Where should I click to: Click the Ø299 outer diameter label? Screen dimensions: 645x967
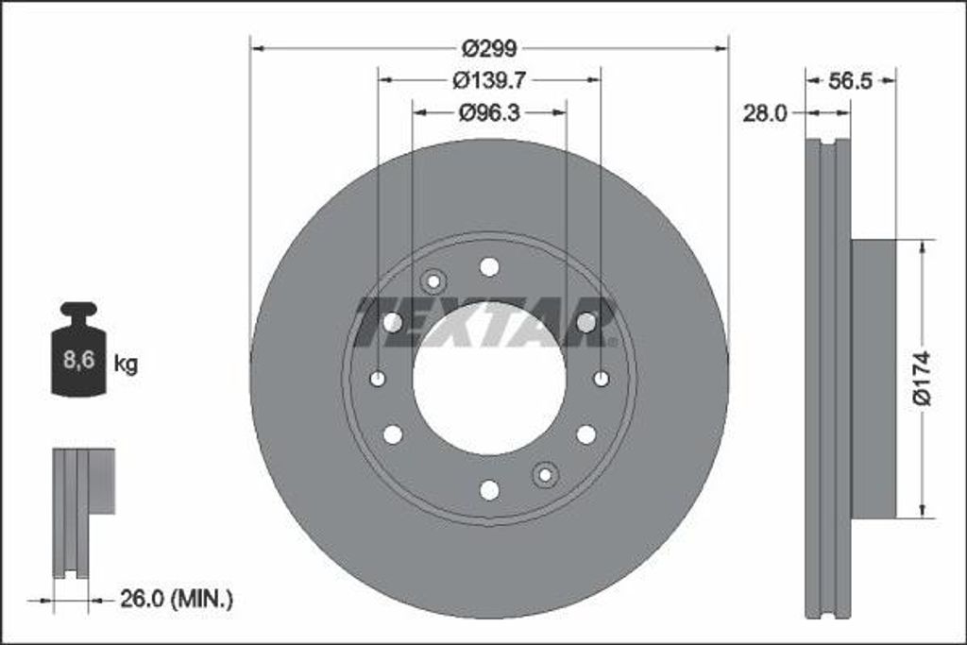point(489,47)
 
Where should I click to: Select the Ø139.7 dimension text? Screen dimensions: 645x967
point(489,80)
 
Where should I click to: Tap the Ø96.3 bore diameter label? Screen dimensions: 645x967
point(489,112)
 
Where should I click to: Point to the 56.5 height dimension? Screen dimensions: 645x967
point(849,81)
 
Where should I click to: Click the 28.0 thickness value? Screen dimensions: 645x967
point(764,112)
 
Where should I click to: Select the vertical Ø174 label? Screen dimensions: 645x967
point(923,378)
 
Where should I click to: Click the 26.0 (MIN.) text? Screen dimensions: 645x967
point(176,598)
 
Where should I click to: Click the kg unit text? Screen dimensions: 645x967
point(126,364)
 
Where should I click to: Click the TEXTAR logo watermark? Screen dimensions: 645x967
point(487,323)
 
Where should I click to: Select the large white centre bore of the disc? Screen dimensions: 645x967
point(489,378)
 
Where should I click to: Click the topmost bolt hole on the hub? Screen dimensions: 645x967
point(489,266)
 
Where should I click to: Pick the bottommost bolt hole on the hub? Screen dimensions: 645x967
point(489,490)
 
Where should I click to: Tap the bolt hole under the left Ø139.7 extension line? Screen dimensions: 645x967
point(378,379)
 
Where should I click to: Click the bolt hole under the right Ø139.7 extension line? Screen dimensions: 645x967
point(602,379)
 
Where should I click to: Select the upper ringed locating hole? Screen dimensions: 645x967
point(433,280)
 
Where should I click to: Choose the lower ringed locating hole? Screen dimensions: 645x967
point(545,475)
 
